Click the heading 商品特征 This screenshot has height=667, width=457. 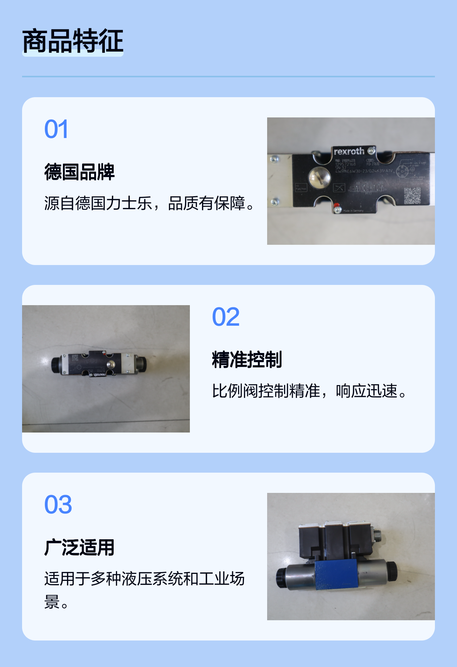72,41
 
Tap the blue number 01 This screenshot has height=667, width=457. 56,129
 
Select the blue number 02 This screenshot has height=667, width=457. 226,317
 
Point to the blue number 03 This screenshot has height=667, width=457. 58,505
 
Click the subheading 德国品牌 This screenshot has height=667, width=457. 79,172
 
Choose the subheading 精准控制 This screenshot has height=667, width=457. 247,360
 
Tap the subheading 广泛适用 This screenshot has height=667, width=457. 79,547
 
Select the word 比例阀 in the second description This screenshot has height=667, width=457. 235,391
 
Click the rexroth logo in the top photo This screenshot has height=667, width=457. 348,151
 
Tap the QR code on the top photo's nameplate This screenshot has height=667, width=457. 412,195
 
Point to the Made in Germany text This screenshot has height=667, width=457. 353,211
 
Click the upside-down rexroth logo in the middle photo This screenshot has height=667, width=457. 99,374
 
